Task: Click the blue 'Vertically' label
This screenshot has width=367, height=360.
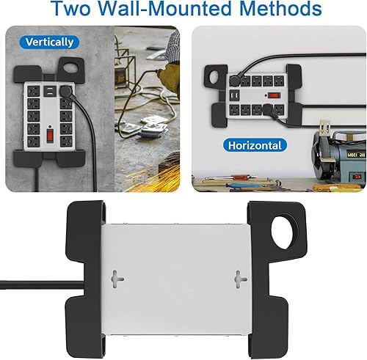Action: click(49, 43)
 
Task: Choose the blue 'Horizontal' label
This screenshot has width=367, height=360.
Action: click(254, 145)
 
